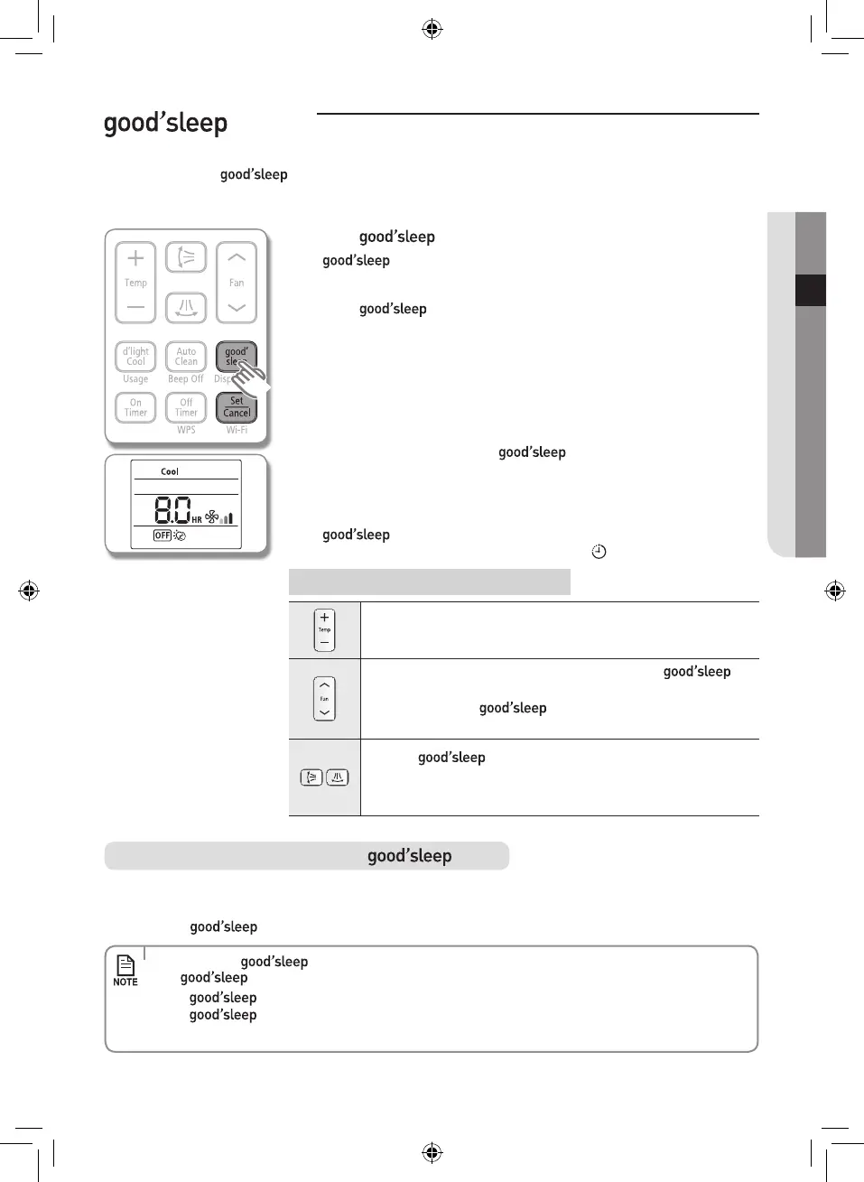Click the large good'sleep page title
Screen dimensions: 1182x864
(x=165, y=123)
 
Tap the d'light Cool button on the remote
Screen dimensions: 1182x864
(x=135, y=357)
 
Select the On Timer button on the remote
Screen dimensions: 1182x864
(x=135, y=407)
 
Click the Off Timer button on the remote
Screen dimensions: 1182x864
(x=186, y=407)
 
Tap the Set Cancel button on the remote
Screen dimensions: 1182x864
(x=237, y=407)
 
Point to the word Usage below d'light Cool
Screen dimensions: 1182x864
(x=135, y=379)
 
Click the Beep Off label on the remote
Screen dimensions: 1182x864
(x=186, y=379)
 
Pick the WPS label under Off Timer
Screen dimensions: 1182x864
(x=186, y=430)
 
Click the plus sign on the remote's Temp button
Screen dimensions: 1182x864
(x=135, y=258)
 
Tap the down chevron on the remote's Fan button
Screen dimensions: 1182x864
(x=237, y=308)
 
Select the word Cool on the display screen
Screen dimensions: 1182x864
(x=170, y=471)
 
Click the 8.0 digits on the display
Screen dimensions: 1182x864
(x=172, y=510)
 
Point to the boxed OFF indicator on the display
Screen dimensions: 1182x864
(x=163, y=535)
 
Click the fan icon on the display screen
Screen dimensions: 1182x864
(x=212, y=517)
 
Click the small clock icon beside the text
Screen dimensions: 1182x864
(x=599, y=552)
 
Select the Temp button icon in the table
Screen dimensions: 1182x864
(x=324, y=630)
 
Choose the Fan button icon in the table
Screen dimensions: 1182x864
(x=324, y=699)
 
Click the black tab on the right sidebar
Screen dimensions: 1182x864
(x=811, y=290)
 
